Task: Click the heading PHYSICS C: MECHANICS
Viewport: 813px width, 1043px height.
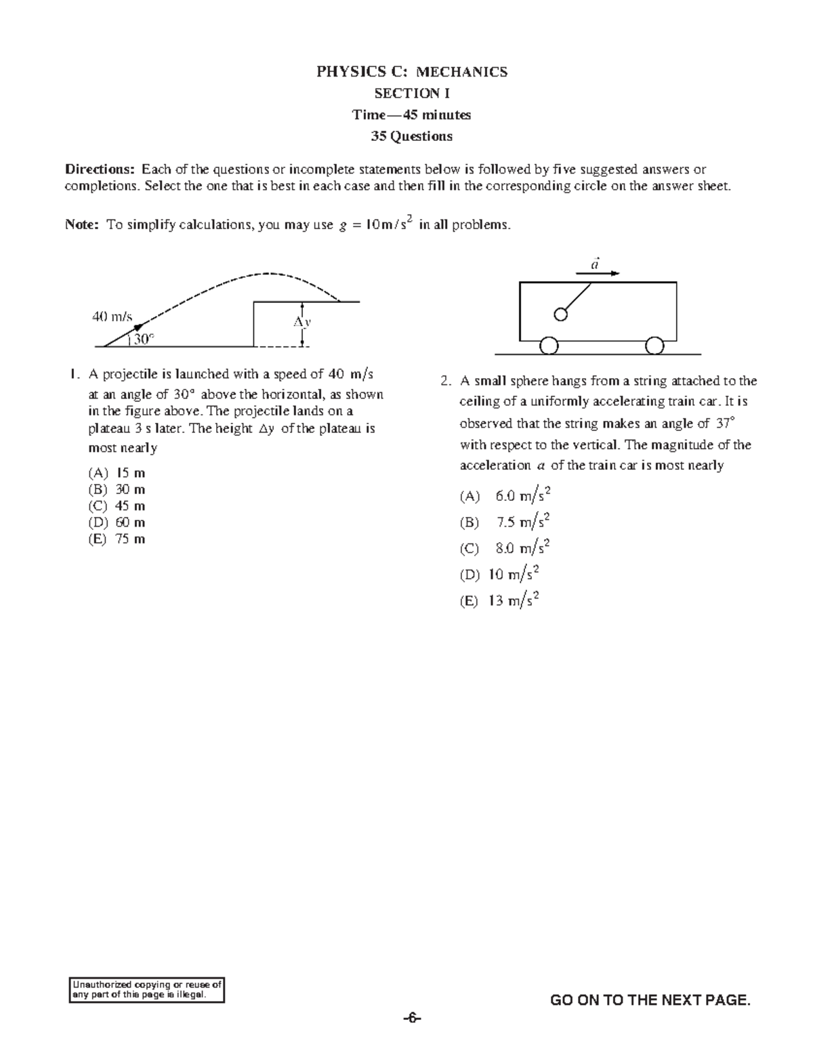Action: pos(411,72)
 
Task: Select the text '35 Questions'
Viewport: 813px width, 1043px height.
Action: pos(411,136)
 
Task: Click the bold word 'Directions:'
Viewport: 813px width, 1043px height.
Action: pos(100,169)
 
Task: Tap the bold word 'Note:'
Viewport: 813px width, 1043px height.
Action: pos(82,225)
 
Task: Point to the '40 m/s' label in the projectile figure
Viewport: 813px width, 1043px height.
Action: pos(112,316)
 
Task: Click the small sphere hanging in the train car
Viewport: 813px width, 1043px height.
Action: pos(560,314)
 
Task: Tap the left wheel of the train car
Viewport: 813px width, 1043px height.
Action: pos(549,346)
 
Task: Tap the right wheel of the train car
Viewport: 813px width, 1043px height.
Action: pos(654,346)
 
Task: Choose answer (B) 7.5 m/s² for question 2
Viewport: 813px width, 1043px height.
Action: pos(504,522)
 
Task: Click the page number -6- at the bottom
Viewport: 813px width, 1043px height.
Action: pos(411,1019)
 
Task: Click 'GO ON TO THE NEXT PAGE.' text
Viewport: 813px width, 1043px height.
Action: pos(650,1000)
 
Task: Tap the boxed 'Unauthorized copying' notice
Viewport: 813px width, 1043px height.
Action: pos(147,990)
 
